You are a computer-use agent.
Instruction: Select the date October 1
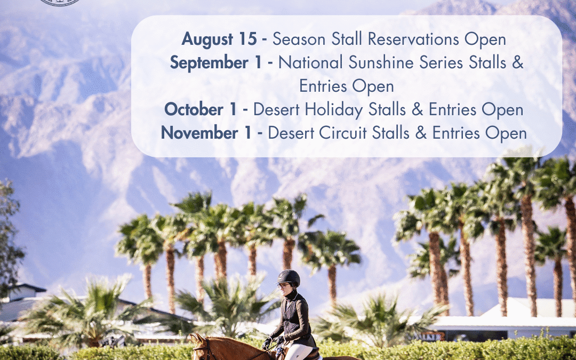(x=200, y=110)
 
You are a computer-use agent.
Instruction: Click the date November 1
(x=206, y=133)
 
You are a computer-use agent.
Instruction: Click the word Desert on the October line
(x=278, y=110)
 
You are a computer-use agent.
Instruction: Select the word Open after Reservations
(x=485, y=39)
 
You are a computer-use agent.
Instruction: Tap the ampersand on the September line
(x=518, y=63)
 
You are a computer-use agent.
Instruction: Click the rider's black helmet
(x=289, y=277)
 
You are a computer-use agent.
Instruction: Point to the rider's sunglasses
(x=282, y=286)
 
